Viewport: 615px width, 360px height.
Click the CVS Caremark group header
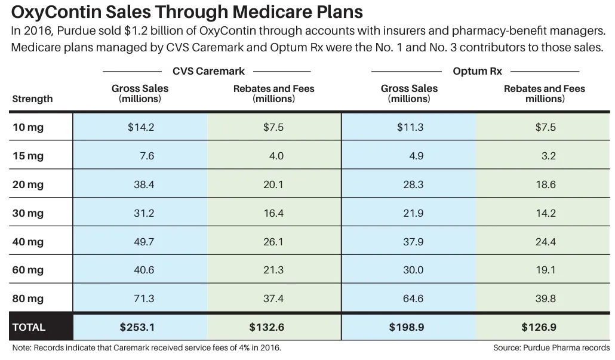pyautogui.click(x=208, y=71)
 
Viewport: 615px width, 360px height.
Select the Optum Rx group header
pyautogui.click(x=477, y=71)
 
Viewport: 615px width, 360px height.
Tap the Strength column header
pyautogui.click(x=32, y=99)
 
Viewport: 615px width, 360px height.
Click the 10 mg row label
pyautogui.click(x=28, y=127)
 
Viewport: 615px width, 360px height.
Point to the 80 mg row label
pyautogui.click(x=28, y=299)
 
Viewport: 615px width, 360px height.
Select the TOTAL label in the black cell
pyautogui.click(x=29, y=327)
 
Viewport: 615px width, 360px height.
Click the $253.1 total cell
pyautogui.click(x=137, y=327)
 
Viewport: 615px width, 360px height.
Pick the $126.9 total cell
pyautogui.click(x=539, y=327)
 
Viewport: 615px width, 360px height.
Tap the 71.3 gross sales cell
pyautogui.click(x=144, y=299)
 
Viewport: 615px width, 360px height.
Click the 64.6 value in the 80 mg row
pyautogui.click(x=413, y=299)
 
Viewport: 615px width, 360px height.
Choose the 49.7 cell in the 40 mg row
pyautogui.click(x=144, y=242)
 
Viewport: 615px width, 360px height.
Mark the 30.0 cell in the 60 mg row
pyautogui.click(x=413, y=270)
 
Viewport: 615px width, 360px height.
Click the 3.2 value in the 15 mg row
pyautogui.click(x=549, y=156)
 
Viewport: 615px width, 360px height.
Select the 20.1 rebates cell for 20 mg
pyautogui.click(x=273, y=184)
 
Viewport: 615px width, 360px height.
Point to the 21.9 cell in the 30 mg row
pyautogui.click(x=413, y=213)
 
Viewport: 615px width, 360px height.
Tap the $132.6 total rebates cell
pyautogui.click(x=267, y=327)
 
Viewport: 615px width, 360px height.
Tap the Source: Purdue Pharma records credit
pyautogui.click(x=552, y=347)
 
